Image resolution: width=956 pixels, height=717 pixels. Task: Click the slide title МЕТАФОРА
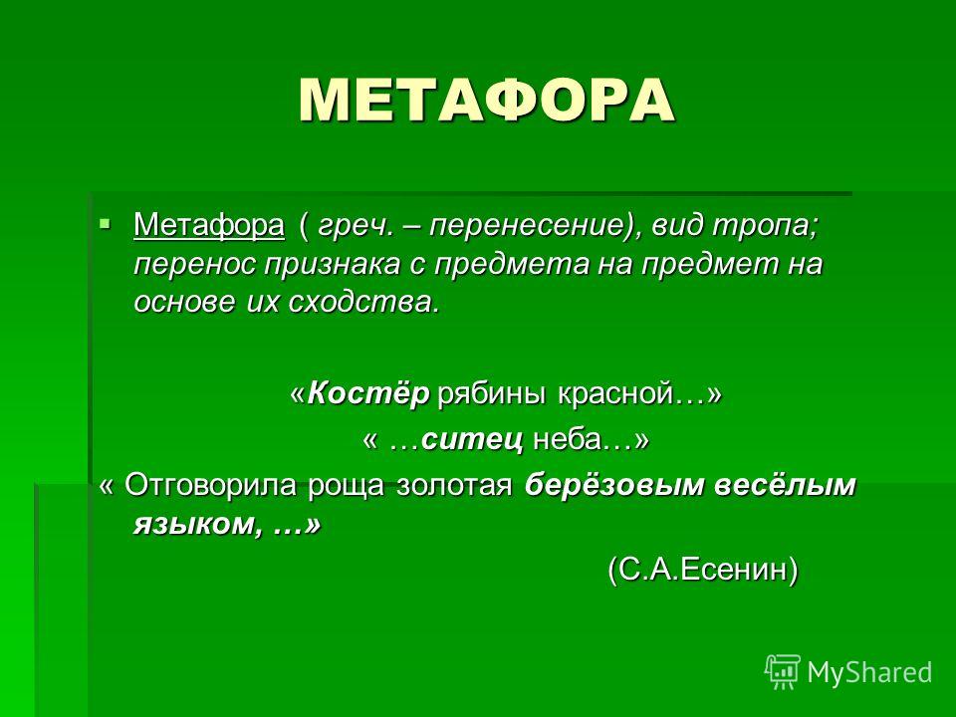487,100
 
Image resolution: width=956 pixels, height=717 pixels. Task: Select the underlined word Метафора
208,226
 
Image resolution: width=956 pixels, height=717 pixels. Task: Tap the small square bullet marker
106,222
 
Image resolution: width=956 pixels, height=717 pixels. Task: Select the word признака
332,265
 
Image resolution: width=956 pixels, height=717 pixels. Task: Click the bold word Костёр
368,393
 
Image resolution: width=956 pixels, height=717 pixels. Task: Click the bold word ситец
472,439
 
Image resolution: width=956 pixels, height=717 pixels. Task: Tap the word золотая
454,485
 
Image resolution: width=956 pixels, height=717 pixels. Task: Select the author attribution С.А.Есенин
702,570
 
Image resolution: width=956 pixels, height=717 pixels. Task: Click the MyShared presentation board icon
783,672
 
